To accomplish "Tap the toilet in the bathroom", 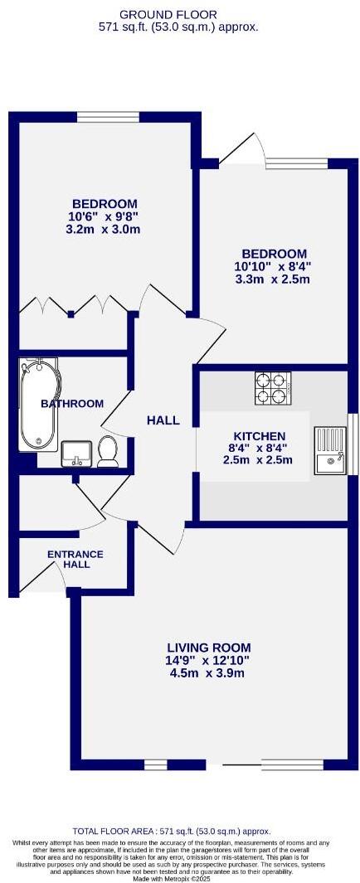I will coord(107,450).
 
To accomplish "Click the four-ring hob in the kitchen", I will coord(273,388).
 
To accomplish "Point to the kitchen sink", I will coord(330,449).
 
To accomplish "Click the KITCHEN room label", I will coord(259,436).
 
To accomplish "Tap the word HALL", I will coord(163,420).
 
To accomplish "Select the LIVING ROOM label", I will coord(208,648).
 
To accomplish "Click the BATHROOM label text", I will coord(73,404).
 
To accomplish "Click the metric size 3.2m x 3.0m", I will coord(104,230).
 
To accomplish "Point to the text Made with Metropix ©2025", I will coord(179,878).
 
